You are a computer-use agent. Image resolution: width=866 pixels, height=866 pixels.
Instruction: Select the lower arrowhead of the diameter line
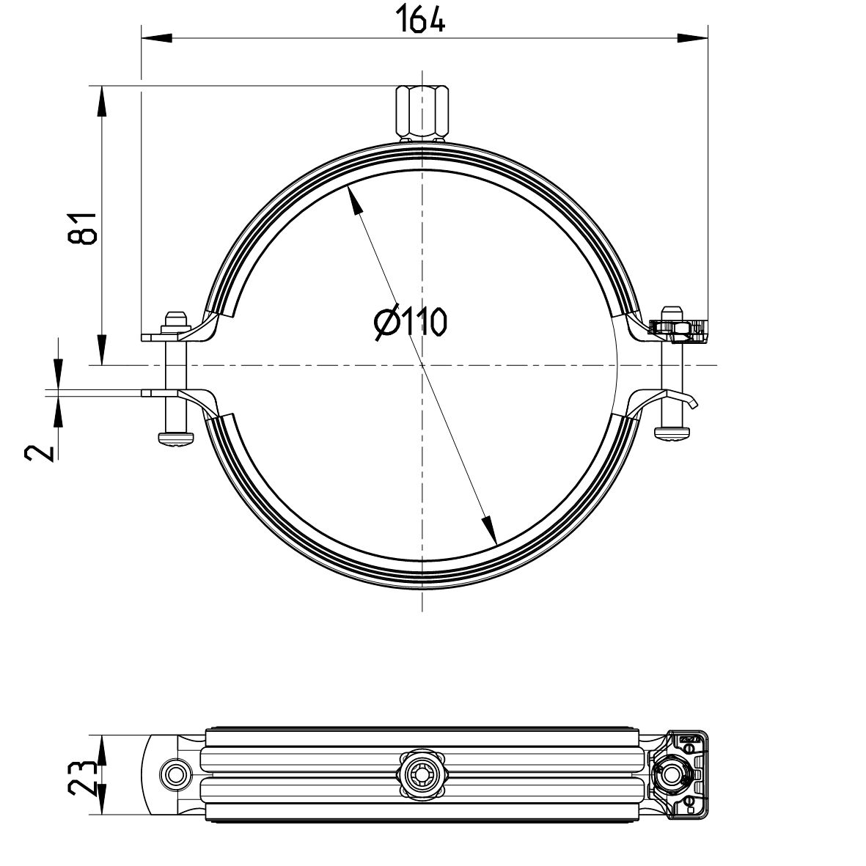488,528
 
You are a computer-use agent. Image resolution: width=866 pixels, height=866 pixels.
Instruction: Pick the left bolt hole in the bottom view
175,773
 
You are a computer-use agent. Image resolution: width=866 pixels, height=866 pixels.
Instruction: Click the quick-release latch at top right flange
678,329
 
